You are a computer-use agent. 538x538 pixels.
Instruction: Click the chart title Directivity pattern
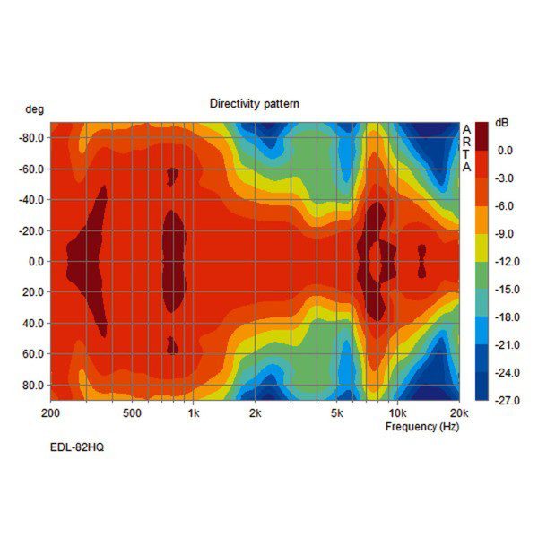click(255, 104)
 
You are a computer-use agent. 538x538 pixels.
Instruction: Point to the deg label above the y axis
click(34, 108)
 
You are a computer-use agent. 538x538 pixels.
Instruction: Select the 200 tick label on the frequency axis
click(51, 414)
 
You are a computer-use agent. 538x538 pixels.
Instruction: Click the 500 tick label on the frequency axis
click(132, 414)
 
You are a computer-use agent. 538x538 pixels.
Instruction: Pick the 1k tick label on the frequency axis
click(193, 414)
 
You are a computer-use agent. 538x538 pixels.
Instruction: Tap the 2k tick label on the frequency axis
click(255, 414)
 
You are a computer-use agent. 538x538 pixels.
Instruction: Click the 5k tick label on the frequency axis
click(336, 414)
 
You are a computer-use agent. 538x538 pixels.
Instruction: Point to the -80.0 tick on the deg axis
click(32, 138)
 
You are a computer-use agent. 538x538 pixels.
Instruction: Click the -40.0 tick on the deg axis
click(32, 199)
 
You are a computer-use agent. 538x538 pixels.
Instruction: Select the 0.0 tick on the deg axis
click(37, 261)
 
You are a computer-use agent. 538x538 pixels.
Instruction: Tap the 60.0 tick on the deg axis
click(36, 354)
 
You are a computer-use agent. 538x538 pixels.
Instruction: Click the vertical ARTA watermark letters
click(466, 148)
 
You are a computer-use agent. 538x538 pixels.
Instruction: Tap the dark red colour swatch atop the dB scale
click(482, 136)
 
